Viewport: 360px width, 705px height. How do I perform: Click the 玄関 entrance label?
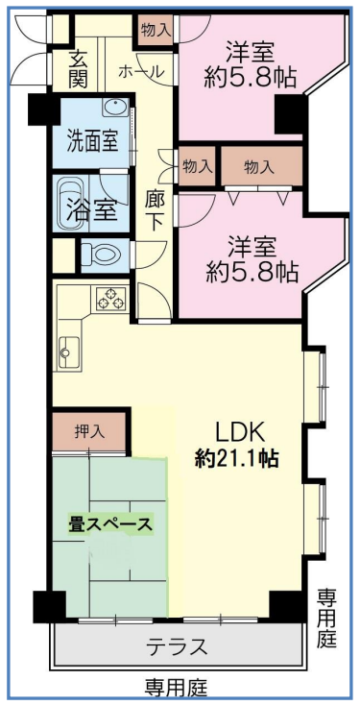click(78, 70)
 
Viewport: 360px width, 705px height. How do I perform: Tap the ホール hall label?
click(141, 71)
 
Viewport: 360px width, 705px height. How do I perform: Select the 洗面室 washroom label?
click(92, 141)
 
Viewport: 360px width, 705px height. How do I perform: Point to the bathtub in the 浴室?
click(70, 203)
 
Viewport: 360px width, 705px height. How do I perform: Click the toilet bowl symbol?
click(102, 255)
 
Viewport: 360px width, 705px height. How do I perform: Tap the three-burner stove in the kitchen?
click(111, 299)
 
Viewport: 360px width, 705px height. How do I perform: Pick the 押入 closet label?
click(90, 431)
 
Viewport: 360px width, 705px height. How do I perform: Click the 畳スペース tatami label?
click(110, 524)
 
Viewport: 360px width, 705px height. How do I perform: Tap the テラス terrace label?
click(177, 646)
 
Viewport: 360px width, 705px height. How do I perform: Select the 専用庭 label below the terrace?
click(177, 687)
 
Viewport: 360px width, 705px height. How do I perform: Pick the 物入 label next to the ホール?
click(156, 30)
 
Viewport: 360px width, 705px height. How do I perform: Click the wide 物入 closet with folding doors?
click(261, 167)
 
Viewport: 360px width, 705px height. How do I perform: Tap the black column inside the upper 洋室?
click(290, 114)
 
